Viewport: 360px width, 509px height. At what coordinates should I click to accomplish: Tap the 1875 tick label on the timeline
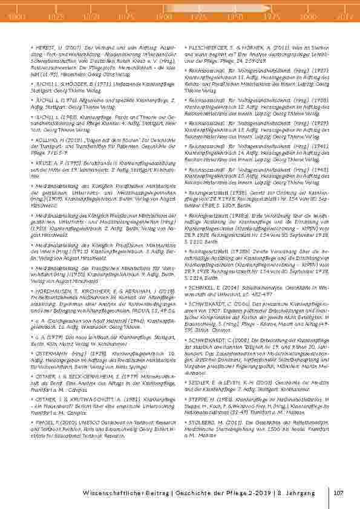coord(126,18)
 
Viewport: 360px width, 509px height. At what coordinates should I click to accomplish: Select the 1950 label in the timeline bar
coord(235,18)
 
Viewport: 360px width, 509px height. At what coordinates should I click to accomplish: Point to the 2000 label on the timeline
coord(307,18)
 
